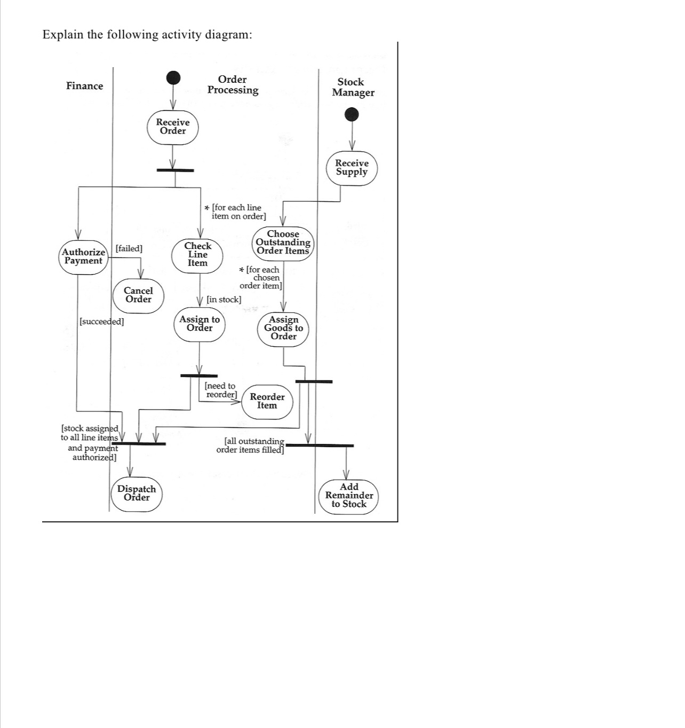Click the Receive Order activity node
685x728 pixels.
(x=173, y=127)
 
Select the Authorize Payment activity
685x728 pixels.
(x=83, y=257)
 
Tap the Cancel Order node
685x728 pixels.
(x=138, y=295)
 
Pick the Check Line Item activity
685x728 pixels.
(x=197, y=255)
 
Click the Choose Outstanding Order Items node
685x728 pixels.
(x=283, y=242)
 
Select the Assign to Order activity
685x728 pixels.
(x=200, y=324)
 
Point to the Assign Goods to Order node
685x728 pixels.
(x=283, y=328)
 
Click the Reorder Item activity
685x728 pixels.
(x=267, y=401)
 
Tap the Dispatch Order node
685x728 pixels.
(x=137, y=494)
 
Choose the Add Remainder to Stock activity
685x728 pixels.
(x=349, y=496)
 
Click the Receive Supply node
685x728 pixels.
(x=352, y=168)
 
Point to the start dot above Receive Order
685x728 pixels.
(x=173, y=77)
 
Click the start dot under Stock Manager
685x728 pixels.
(x=352, y=114)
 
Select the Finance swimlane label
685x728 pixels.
(x=84, y=86)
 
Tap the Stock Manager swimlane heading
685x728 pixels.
(x=353, y=87)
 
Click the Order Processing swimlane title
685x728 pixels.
(x=233, y=85)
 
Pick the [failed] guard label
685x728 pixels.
(x=129, y=248)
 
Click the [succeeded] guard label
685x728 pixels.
(x=101, y=322)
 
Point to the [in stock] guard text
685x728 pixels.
(x=224, y=300)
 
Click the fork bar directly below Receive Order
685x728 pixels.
(x=175, y=170)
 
